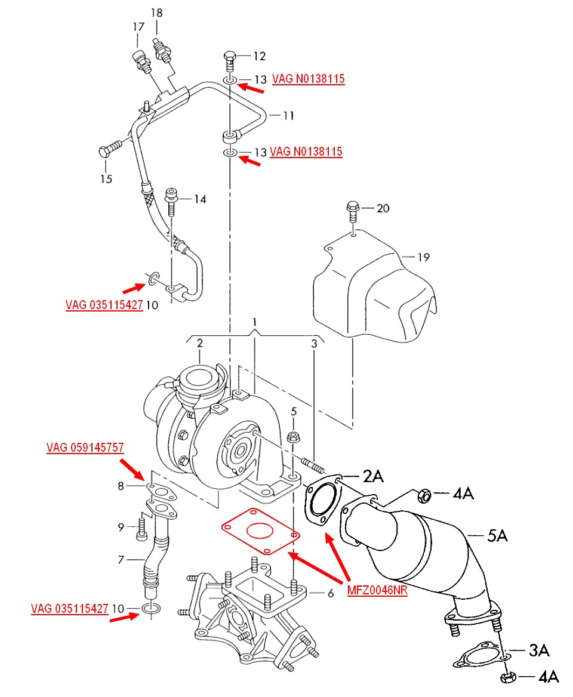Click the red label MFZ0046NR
tap(377, 590)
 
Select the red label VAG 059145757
tap(85, 447)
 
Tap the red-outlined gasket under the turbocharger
tap(260, 531)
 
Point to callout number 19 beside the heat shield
tap(423, 257)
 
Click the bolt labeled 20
tap(353, 212)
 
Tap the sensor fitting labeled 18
tap(161, 50)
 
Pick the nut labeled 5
tap(293, 436)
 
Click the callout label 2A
tap(373, 476)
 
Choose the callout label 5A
tap(497, 535)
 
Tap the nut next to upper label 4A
tap(424, 495)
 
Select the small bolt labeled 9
tap(141, 527)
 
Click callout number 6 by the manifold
tap(330, 593)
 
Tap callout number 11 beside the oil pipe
tap(289, 116)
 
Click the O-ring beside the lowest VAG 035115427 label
tap(151, 609)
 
